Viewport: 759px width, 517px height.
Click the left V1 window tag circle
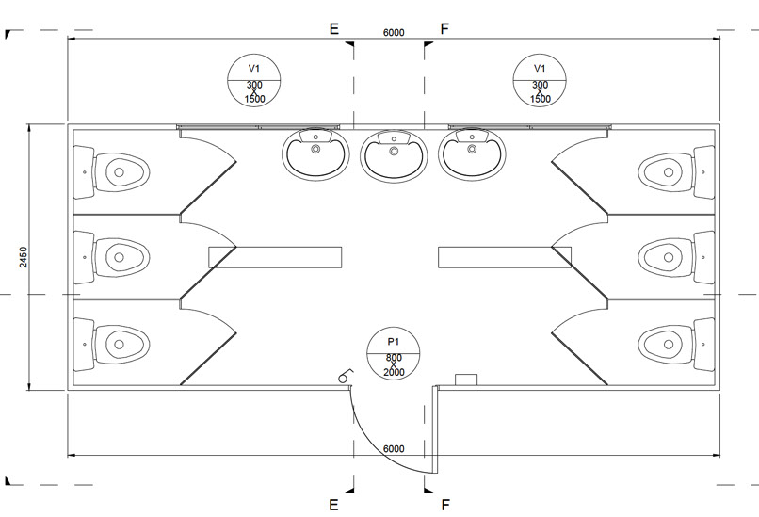(254, 81)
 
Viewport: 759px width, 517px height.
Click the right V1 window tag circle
(540, 81)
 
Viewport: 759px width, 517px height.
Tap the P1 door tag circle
(395, 354)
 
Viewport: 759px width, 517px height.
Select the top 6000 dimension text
(393, 33)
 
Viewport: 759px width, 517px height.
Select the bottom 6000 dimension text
(393, 448)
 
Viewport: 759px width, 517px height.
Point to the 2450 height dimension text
(24, 257)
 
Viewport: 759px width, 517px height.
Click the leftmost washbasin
(315, 153)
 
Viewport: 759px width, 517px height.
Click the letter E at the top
(333, 29)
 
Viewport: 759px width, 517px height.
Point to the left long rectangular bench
(274, 256)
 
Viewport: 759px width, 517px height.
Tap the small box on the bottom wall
(468, 380)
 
